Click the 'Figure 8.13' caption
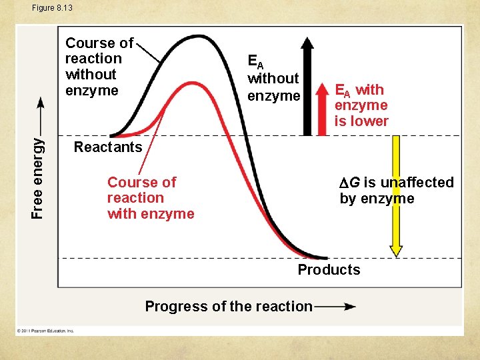51,8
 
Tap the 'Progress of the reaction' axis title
228,307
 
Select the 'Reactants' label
108,147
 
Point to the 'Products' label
329,270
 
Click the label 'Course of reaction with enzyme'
151,198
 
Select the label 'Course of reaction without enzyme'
99,67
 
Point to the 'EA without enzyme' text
273,79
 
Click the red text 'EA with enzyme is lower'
361,105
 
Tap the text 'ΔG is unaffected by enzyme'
396,191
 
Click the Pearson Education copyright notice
45,331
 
